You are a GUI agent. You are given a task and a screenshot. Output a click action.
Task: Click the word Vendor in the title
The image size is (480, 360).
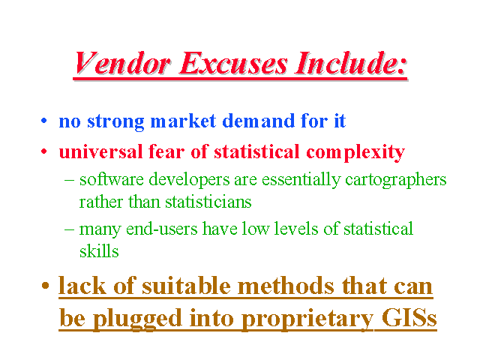123,63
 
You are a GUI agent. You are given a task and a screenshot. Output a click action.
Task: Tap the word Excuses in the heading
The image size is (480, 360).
233,63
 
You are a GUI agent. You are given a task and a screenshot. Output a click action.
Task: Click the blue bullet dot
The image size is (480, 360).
44,120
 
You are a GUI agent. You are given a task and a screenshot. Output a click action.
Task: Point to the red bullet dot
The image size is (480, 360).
44,151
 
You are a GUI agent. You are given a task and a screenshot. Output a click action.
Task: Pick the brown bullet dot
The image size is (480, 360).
45,286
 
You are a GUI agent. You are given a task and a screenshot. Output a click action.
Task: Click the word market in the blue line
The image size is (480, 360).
184,121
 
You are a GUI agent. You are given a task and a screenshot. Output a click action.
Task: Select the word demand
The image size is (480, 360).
258,121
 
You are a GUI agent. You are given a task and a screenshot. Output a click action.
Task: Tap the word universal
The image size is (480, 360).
101,151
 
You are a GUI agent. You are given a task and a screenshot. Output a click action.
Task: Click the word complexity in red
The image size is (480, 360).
355,152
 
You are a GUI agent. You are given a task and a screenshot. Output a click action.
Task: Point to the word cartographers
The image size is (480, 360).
396,180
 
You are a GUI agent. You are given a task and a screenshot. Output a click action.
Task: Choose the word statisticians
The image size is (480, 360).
208,202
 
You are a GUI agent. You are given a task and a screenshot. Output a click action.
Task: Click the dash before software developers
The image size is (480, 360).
69,180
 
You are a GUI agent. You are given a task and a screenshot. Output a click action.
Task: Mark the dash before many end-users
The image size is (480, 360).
69,229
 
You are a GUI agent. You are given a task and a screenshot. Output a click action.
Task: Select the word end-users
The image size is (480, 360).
162,229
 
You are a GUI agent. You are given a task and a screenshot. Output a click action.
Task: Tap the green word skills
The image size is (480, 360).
99,251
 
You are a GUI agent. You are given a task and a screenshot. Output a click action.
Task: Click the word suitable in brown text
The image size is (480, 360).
186,286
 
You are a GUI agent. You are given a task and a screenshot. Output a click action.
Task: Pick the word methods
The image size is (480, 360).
286,286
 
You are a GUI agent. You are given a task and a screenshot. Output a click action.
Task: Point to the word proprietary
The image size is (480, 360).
307,319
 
